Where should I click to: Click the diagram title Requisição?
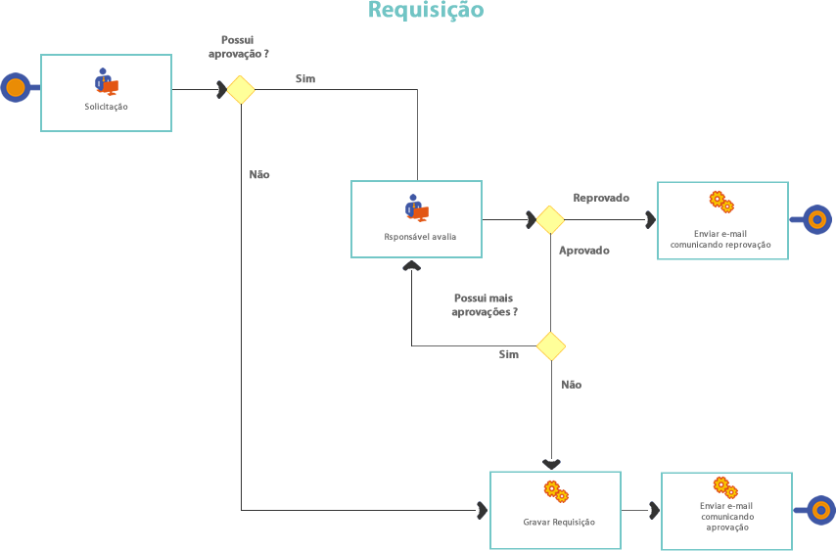click(x=426, y=11)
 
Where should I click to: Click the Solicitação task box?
click(x=106, y=93)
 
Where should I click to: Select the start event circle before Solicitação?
click(x=16, y=88)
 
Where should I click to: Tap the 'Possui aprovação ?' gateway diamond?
click(x=241, y=90)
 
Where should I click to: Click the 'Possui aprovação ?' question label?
click(x=238, y=46)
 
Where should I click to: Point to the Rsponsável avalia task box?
click(x=417, y=219)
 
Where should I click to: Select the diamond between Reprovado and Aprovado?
click(x=550, y=219)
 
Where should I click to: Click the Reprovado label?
click(x=601, y=198)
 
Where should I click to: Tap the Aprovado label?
click(x=584, y=251)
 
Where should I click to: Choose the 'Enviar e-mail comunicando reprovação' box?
click(x=721, y=220)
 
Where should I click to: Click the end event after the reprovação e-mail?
click(x=815, y=219)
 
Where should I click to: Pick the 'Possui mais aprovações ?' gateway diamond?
click(x=551, y=345)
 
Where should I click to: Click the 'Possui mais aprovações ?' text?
click(x=485, y=304)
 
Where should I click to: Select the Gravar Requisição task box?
click(x=555, y=510)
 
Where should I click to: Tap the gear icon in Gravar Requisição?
click(x=555, y=490)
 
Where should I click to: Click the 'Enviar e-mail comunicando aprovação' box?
click(x=726, y=510)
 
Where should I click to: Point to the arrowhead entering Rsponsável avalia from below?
click(x=411, y=264)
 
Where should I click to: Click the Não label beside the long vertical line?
click(x=259, y=174)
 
